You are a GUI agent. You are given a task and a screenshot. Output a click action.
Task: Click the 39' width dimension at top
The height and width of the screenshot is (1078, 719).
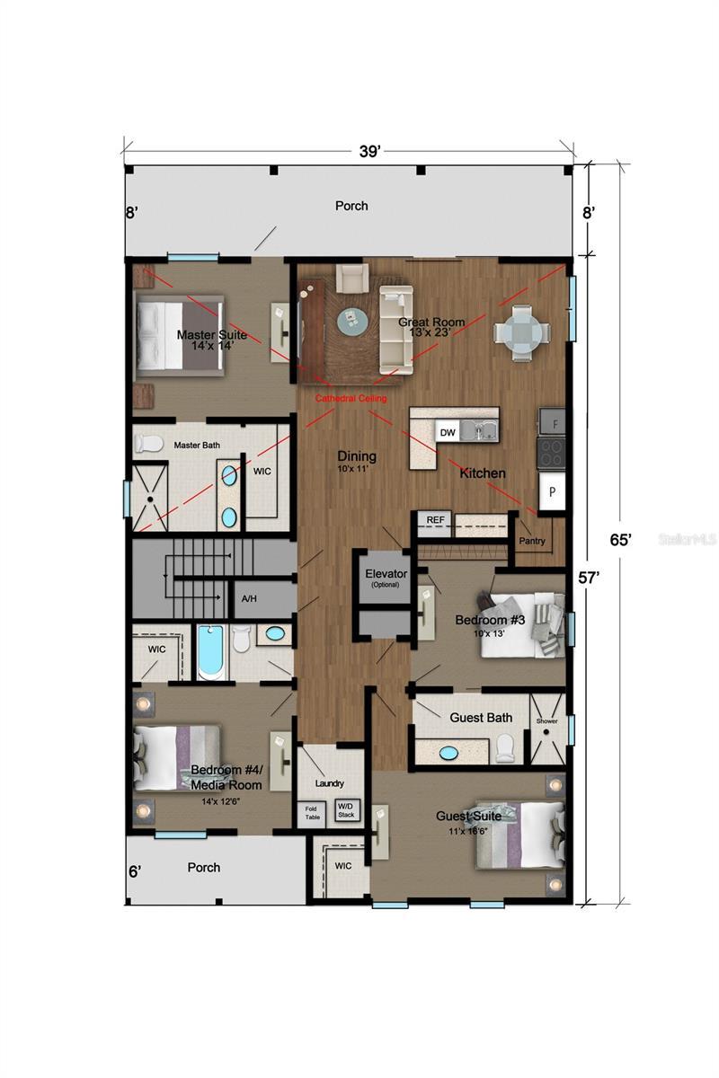(369, 152)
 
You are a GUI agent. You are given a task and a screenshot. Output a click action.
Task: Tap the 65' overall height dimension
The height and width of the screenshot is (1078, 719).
(620, 539)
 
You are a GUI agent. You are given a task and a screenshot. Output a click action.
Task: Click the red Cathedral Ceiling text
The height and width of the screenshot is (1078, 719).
(351, 397)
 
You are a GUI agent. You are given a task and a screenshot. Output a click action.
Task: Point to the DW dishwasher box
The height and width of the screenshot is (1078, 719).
(448, 432)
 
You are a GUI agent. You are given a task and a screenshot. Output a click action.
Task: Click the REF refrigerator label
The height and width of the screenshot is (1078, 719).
(435, 519)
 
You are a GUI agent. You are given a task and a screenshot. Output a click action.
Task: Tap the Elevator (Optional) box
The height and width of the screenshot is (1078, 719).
(386, 578)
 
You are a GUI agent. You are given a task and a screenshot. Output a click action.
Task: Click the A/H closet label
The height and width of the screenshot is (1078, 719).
(248, 599)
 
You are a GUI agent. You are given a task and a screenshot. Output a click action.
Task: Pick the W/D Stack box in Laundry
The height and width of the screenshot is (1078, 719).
(347, 810)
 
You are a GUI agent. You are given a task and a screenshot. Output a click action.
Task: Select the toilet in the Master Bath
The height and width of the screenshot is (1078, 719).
(147, 443)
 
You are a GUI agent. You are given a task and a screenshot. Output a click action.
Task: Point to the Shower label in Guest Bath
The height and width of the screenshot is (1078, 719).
(546, 720)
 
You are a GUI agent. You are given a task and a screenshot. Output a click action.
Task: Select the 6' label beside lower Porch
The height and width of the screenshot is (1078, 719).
(134, 871)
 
